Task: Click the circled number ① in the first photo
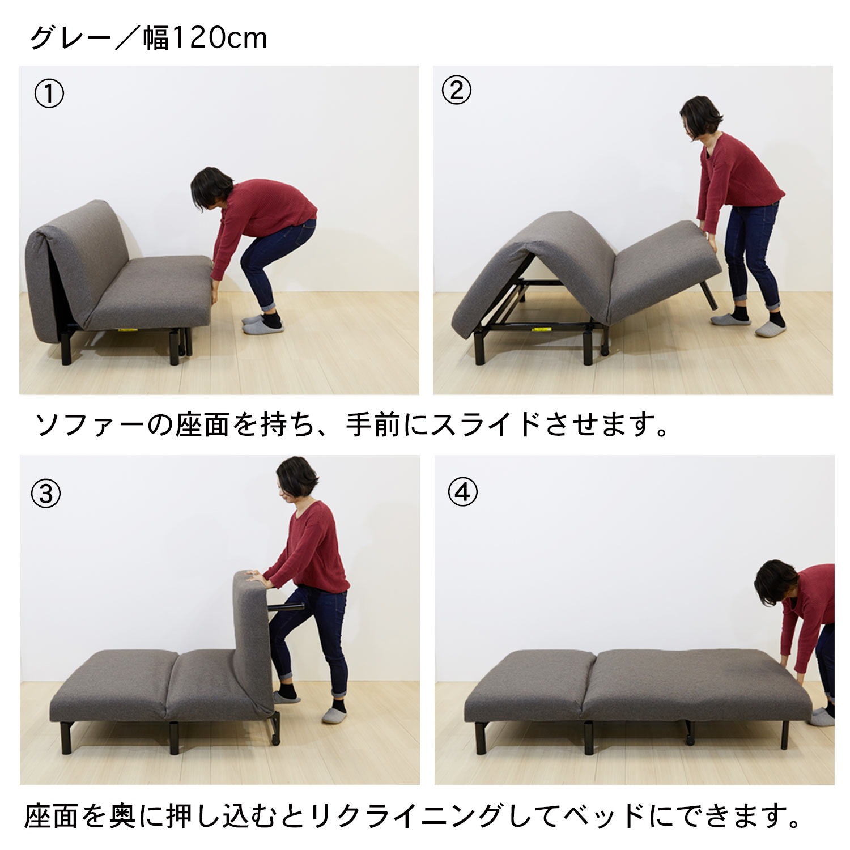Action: [x=49, y=94]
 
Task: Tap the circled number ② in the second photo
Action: [x=456, y=91]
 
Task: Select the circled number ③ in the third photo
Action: [x=46, y=494]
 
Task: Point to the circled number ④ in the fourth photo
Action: [x=462, y=492]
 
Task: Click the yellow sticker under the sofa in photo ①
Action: [x=127, y=329]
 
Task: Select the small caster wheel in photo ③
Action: [x=275, y=740]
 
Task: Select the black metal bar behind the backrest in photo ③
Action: [x=286, y=607]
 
